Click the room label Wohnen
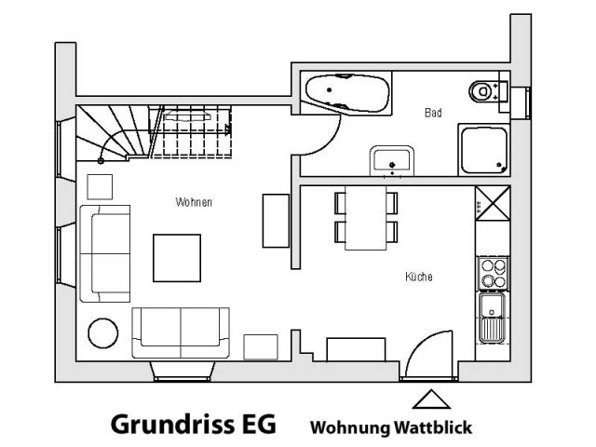tap(194, 201)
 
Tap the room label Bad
tap(432, 113)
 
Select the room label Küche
tap(419, 277)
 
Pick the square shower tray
tap(483, 150)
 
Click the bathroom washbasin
tap(390, 159)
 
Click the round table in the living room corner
tap(102, 332)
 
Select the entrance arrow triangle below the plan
tap(427, 400)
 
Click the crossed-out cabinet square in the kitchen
tap(491, 204)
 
